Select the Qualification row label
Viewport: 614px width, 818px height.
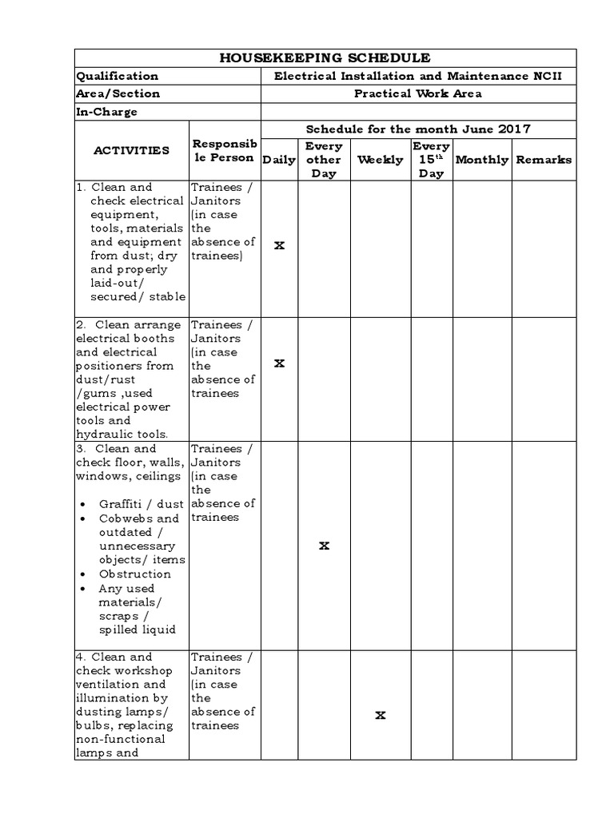(x=117, y=76)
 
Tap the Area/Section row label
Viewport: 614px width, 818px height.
(x=118, y=93)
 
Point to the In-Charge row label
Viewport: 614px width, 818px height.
(x=106, y=112)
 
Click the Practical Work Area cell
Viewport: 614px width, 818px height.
(x=418, y=93)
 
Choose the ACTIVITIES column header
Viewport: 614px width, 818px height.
(x=131, y=150)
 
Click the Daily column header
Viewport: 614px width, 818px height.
(x=279, y=160)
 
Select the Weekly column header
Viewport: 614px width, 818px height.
(x=380, y=160)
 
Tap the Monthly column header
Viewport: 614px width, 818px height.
(x=481, y=160)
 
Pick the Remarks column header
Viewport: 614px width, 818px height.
(x=544, y=160)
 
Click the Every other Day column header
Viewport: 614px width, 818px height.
(x=324, y=160)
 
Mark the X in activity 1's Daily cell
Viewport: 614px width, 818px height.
(x=279, y=245)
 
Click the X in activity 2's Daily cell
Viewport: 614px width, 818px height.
(x=279, y=363)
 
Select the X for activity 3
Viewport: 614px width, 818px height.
(x=324, y=546)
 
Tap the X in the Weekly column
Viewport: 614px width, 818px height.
(x=381, y=716)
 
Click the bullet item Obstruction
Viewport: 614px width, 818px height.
(x=134, y=574)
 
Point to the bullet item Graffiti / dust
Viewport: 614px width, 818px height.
(x=141, y=505)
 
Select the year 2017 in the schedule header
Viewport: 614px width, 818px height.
(x=514, y=129)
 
